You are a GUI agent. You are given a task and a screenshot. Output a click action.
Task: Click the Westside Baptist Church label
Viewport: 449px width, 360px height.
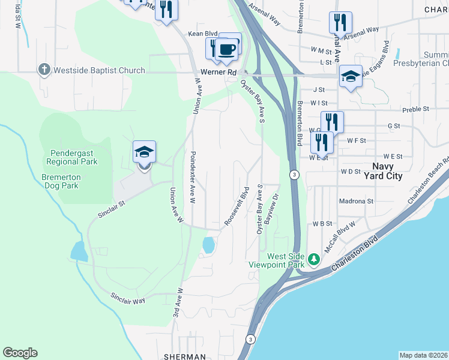tap(99, 70)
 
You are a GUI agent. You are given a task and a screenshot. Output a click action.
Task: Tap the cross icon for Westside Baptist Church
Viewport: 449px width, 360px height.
tap(44, 70)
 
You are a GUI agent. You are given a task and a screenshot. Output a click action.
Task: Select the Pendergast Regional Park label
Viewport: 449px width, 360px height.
tap(71, 157)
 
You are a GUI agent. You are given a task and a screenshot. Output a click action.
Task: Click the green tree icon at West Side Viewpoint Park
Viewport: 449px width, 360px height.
tap(313, 259)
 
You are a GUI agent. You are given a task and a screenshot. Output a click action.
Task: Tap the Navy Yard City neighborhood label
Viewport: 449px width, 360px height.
tap(383, 171)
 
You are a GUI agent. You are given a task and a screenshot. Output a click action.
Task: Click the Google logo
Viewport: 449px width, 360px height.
tap(20, 353)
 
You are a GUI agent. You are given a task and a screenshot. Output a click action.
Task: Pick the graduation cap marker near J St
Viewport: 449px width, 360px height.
tap(351, 77)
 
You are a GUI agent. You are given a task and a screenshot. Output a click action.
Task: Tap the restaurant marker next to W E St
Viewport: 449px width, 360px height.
tap(322, 143)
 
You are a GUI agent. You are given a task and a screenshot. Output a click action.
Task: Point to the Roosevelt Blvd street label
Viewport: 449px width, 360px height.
tap(237, 208)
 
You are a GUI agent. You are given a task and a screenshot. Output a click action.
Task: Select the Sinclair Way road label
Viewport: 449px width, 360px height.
tap(128, 298)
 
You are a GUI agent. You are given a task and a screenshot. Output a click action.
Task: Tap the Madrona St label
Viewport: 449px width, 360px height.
tap(356, 202)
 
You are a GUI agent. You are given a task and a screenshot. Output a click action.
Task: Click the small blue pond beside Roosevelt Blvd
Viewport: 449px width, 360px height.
tap(208, 245)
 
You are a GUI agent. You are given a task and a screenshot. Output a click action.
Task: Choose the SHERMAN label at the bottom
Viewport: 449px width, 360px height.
tap(184, 356)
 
